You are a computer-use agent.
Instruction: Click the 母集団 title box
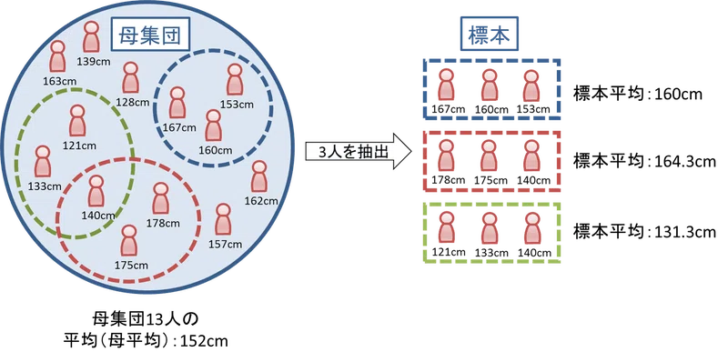(x=150, y=34)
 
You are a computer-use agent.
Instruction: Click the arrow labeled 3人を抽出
(x=359, y=151)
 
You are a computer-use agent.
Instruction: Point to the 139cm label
(x=94, y=61)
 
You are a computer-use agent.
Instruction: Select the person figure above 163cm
(x=57, y=56)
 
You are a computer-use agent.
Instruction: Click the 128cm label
(x=133, y=102)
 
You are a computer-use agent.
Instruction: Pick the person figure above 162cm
(x=259, y=176)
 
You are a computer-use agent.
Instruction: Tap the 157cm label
(x=225, y=244)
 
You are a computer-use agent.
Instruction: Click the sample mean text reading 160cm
(x=679, y=95)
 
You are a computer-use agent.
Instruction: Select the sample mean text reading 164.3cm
(x=686, y=162)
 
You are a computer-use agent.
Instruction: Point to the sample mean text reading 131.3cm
(x=686, y=231)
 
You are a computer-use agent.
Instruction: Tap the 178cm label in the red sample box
(x=446, y=180)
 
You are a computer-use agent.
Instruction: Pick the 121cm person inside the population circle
(x=77, y=121)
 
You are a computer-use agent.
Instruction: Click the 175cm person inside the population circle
(x=129, y=241)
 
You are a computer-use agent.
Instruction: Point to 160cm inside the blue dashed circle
(x=215, y=150)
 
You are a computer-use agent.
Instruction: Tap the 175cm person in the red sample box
(x=490, y=156)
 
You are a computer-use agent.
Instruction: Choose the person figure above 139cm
(x=92, y=36)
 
